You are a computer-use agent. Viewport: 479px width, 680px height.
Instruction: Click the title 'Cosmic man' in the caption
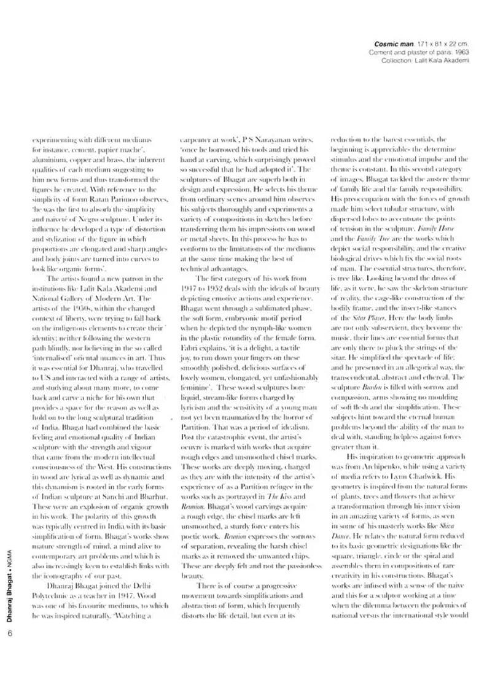[x=394, y=44]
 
